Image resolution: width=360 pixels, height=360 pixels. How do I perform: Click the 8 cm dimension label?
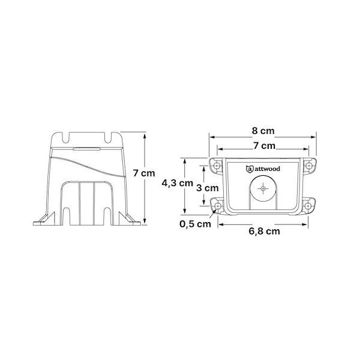(x=263, y=131)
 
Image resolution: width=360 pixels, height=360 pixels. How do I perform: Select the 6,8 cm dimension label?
(x=264, y=231)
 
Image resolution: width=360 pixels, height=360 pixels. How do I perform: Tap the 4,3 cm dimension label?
(x=177, y=183)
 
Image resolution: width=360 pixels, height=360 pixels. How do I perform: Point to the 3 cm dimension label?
(x=208, y=188)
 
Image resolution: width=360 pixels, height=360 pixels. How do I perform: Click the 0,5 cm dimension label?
(x=195, y=224)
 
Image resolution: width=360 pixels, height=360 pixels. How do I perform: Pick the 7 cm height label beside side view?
(x=144, y=173)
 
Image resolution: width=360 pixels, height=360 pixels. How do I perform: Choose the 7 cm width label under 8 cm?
(x=264, y=146)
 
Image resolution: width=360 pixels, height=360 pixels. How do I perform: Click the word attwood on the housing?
(x=267, y=169)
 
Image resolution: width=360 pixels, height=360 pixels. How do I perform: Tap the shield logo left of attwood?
(x=250, y=169)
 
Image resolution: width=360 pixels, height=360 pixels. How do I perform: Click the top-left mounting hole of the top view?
(x=216, y=166)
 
